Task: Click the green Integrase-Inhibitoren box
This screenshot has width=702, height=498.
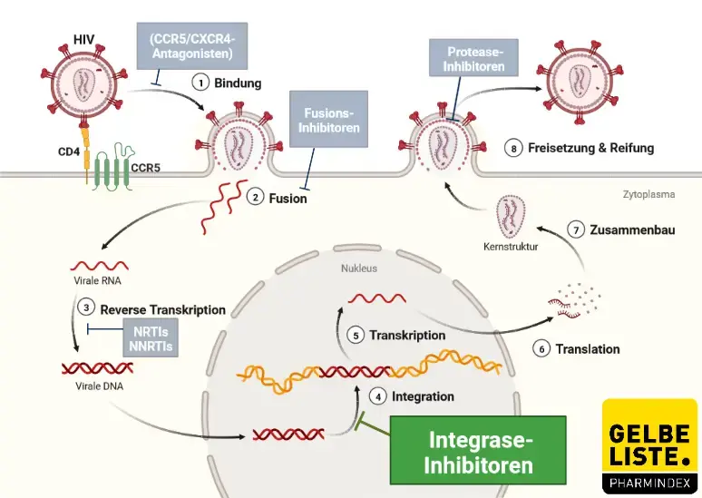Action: (x=477, y=450)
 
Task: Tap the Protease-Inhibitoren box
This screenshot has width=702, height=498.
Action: (x=467, y=61)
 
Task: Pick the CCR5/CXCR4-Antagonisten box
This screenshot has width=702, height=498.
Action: (x=191, y=44)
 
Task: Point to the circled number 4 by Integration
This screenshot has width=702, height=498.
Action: (x=378, y=396)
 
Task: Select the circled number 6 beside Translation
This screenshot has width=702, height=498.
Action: (x=541, y=348)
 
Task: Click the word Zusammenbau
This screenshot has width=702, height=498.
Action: (x=634, y=230)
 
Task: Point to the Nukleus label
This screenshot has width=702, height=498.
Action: (x=358, y=269)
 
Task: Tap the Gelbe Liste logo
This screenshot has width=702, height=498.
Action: (x=649, y=444)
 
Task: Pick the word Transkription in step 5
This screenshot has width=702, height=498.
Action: (x=407, y=335)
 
